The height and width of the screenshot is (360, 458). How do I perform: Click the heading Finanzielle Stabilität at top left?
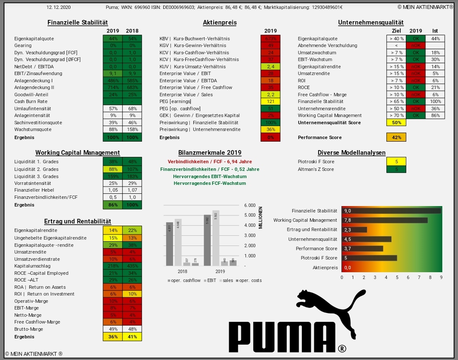[78, 22]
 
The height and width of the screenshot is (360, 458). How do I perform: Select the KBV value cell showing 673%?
[271, 39]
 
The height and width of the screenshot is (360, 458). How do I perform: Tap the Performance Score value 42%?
[396, 137]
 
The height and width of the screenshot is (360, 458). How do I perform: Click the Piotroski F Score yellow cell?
[396, 162]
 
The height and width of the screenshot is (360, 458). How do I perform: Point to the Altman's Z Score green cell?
[396, 169]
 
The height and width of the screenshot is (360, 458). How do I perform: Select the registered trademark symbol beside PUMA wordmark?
[342, 349]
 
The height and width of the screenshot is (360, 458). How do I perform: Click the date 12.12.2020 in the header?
[59, 7]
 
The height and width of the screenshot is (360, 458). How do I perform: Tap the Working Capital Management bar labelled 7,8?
[384, 220]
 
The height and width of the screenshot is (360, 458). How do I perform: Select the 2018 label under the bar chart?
[182, 271]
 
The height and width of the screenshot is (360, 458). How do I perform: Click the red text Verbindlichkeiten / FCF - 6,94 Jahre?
[209, 162]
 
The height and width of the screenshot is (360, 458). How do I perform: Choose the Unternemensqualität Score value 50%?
[396, 123]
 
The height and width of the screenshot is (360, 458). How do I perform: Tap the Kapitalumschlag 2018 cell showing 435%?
[132, 266]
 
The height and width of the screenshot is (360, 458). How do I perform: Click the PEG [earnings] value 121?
[271, 101]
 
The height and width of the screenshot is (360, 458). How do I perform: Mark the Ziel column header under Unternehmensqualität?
[396, 31]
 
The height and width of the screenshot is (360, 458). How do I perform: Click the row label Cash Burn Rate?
[31, 101]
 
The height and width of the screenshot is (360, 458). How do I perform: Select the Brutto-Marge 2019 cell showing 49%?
[113, 329]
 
